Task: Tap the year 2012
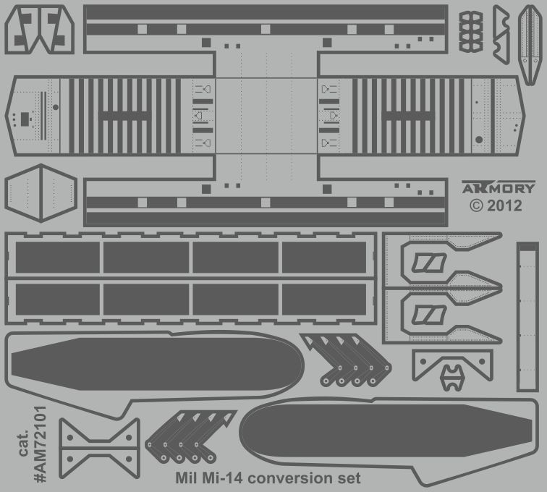(504, 205)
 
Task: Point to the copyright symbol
(476, 205)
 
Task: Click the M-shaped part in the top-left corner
(39, 29)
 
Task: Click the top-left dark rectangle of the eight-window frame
(58, 258)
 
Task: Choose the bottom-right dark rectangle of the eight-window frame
(324, 299)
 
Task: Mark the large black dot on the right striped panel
(478, 139)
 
